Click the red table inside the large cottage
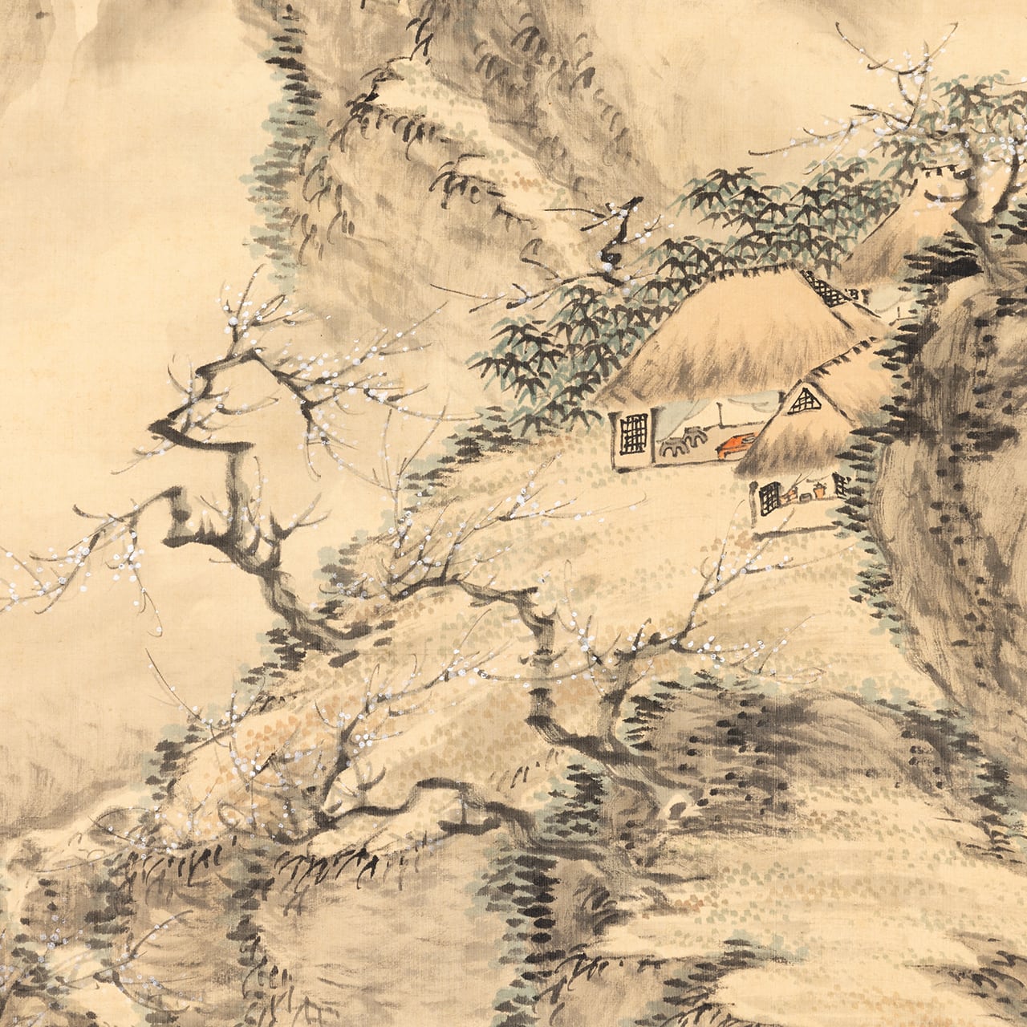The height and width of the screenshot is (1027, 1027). (x=734, y=444)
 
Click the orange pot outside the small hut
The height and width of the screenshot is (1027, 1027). (x=818, y=489)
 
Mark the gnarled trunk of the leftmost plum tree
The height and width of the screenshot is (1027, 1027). (x=241, y=530)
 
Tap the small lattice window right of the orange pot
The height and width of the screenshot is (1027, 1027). (x=840, y=484)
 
